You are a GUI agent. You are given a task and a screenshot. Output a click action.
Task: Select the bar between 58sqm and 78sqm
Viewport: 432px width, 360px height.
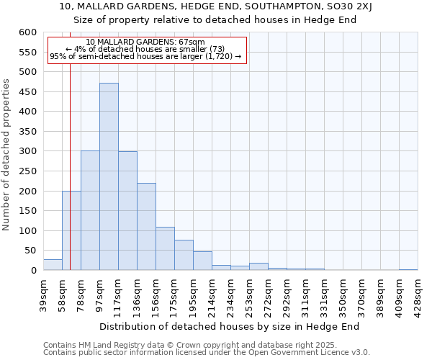point(71,230)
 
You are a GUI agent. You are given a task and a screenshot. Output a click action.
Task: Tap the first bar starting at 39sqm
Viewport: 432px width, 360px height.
point(53,264)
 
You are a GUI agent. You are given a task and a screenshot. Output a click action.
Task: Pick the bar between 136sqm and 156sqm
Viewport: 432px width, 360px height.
point(146,226)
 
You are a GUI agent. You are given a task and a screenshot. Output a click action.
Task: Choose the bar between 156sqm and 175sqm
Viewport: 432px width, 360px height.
point(165,248)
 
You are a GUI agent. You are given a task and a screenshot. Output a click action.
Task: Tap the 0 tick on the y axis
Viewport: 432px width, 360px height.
point(32,271)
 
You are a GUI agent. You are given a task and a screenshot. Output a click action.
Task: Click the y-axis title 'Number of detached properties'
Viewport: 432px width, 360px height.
point(6,156)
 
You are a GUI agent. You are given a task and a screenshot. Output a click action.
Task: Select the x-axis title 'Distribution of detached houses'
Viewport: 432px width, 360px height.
point(229,326)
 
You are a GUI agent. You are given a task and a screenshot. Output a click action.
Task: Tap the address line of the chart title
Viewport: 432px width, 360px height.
point(215,6)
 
